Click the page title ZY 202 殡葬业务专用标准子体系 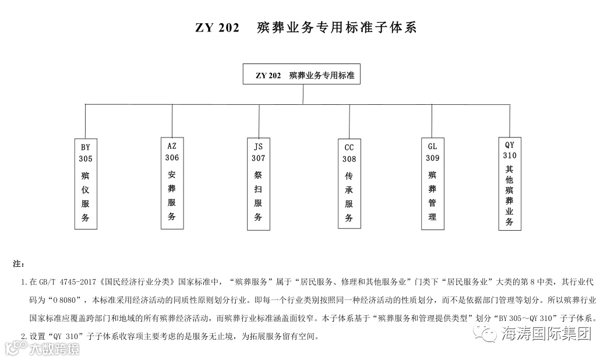coord(305,27)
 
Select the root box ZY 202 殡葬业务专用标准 coord(302,75)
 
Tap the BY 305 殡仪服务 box coord(86,183)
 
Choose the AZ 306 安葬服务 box coord(172,182)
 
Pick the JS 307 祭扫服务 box coord(258,184)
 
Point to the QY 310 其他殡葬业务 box coord(510,183)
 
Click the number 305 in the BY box coord(86,158)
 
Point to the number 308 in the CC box coord(349,159)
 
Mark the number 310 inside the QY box coord(510,156)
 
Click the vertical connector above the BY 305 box coord(86,121)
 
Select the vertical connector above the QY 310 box coord(510,121)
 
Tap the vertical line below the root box coord(302,94)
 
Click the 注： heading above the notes coord(18,264)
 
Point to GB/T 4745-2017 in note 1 coord(63,283)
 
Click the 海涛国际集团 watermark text coord(546,334)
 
